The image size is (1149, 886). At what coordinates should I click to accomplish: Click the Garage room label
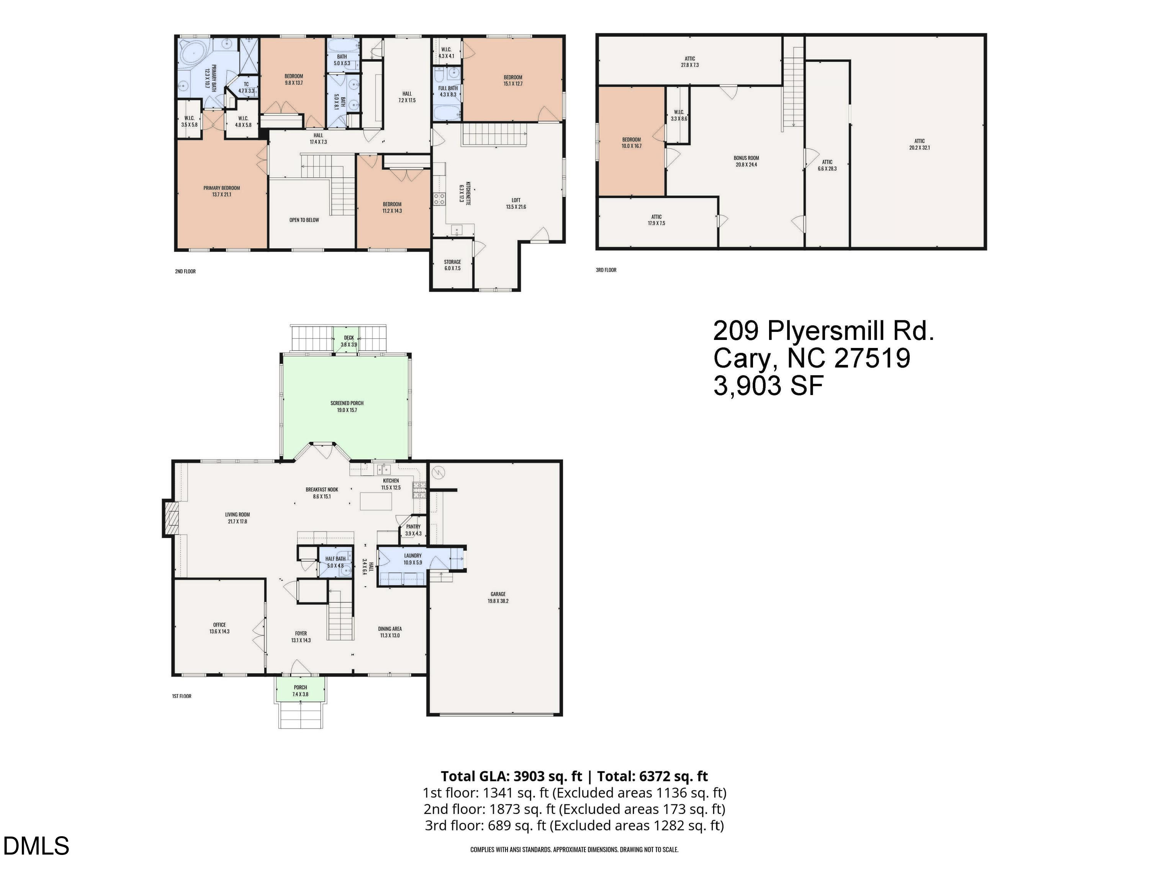498,597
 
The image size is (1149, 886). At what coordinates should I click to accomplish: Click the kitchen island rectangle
376,500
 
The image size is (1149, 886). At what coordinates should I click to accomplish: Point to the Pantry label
413,530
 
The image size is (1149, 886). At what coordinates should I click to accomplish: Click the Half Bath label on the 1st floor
335,562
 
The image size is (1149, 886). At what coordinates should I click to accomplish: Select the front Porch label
300,691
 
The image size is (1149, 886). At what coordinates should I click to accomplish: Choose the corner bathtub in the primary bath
193,54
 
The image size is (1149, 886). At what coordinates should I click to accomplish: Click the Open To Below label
304,220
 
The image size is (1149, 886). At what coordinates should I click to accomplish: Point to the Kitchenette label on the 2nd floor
465,193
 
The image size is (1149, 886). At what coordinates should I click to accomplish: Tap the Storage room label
452,265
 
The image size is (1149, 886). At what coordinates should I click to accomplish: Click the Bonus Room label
746,161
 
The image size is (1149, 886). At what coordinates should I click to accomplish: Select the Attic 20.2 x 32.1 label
919,144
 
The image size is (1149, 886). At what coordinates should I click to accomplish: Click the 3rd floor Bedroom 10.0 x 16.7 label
631,143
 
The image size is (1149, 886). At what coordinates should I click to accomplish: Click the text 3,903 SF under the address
768,386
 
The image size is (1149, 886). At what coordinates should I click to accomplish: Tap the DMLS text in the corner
36,845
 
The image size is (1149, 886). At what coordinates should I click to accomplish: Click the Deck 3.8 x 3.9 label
349,341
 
